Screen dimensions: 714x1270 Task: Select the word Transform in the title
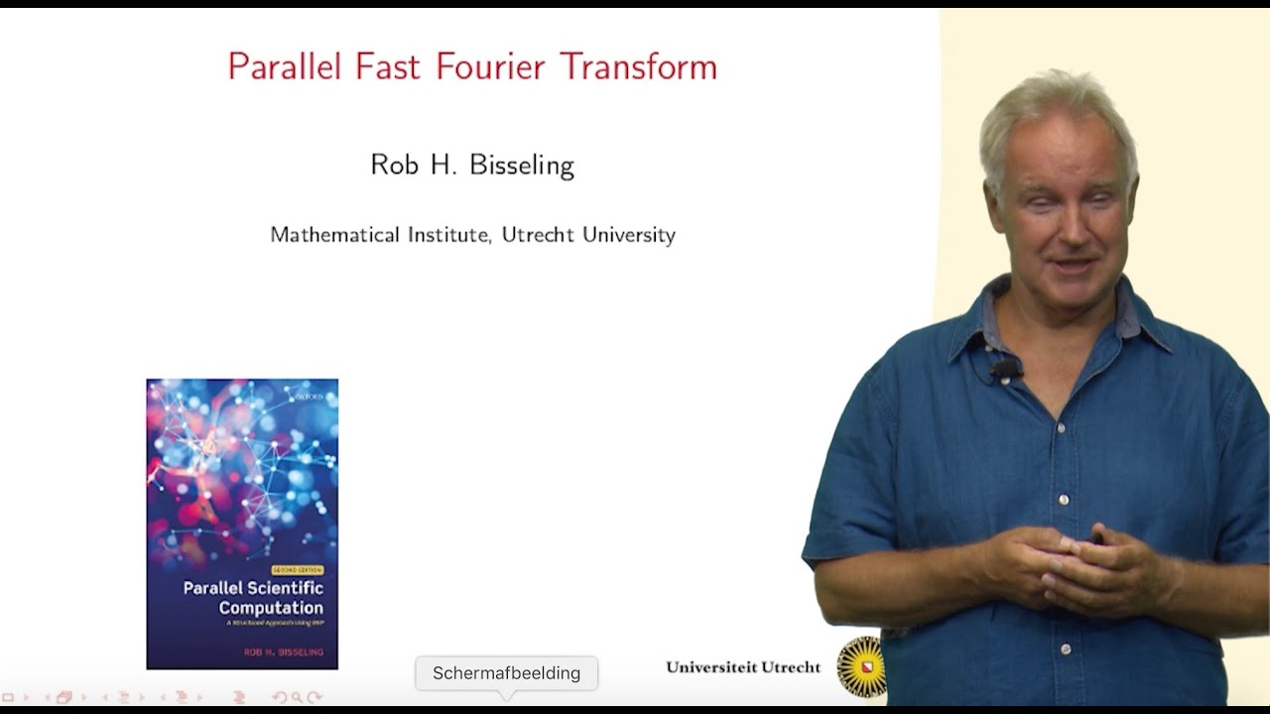[638, 66]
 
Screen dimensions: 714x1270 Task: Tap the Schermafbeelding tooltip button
[506, 673]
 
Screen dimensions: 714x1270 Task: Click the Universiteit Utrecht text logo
[743, 667]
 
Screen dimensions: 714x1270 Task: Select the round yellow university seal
[859, 666]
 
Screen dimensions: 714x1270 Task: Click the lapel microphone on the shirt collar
[1004, 369]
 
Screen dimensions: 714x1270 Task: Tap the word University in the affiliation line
[629, 235]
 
